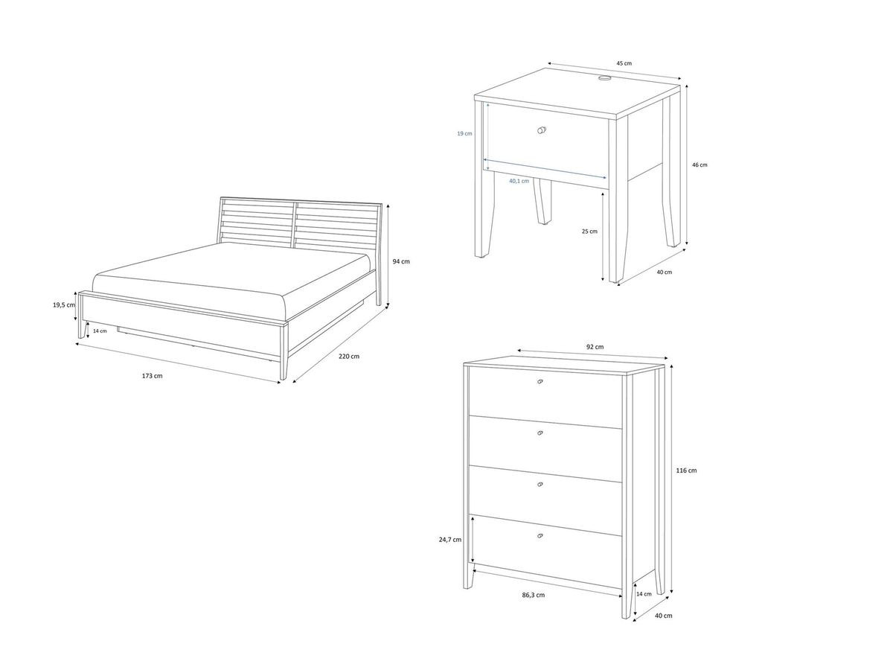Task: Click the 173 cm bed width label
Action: (152, 376)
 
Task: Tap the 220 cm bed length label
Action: (348, 357)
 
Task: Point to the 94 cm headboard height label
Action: (400, 261)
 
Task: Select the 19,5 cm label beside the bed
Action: (64, 305)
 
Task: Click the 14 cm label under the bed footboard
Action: (100, 331)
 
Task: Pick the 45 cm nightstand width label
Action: (624, 64)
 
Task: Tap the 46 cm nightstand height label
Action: (700, 165)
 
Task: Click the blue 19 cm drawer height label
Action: (465, 133)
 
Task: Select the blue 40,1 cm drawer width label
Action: (519, 181)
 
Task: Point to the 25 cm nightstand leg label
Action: (589, 231)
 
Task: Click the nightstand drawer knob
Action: (541, 130)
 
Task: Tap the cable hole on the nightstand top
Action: (604, 77)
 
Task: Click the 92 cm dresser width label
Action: (595, 347)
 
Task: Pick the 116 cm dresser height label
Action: (687, 470)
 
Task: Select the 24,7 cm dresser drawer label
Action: (451, 540)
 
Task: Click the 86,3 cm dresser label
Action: (533, 595)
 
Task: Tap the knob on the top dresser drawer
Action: (540, 382)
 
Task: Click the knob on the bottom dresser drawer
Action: (540, 536)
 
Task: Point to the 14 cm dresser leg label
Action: (644, 594)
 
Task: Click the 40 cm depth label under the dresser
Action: (664, 616)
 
